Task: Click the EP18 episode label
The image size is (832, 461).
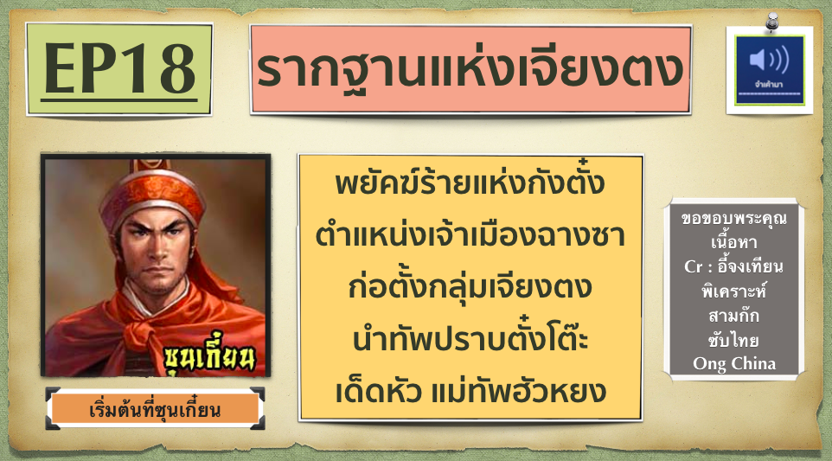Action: (x=119, y=69)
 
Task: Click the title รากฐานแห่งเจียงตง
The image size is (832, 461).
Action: (x=470, y=68)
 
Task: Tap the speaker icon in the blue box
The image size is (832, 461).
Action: (x=769, y=59)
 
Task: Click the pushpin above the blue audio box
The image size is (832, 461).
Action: (x=772, y=22)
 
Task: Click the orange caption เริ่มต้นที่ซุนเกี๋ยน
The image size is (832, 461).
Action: (x=155, y=410)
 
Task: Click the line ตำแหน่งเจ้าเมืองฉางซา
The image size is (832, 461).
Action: (x=470, y=234)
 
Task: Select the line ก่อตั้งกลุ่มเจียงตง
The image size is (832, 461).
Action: (x=470, y=287)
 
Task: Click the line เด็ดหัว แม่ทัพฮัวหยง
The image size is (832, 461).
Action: (x=470, y=391)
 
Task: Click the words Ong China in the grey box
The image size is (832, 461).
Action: (x=734, y=364)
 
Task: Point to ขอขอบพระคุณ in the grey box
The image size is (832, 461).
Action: (x=734, y=218)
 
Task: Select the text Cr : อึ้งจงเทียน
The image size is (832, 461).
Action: (x=734, y=266)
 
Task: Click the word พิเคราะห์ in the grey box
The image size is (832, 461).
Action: (x=734, y=291)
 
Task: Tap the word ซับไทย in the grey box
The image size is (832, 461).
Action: (x=734, y=340)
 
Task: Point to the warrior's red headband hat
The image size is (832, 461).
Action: (x=153, y=194)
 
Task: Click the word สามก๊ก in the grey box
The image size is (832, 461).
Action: (x=734, y=315)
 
